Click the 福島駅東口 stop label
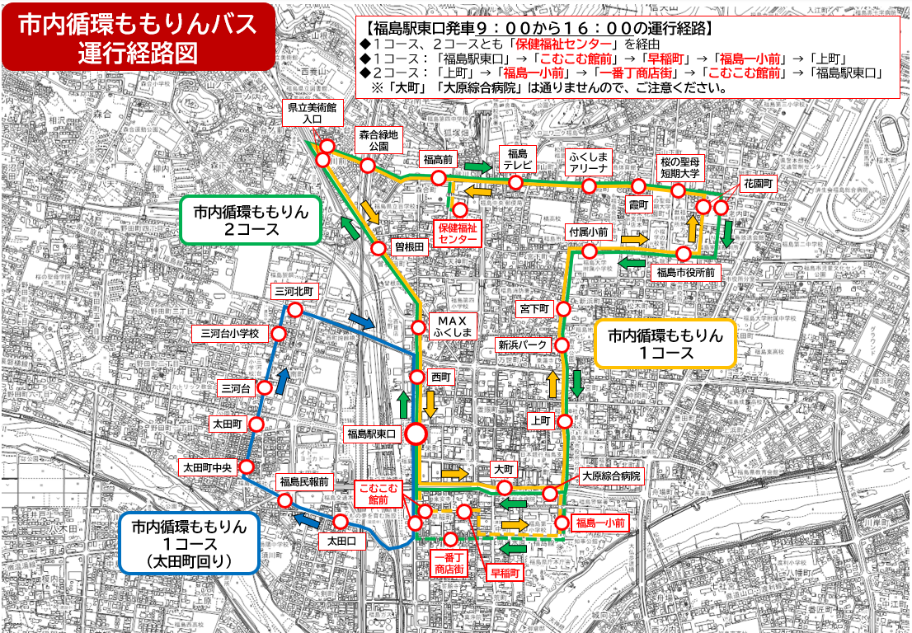coord(372,433)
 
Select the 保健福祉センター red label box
coord(458,232)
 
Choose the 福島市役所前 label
coord(686,271)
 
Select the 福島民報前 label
coord(303,481)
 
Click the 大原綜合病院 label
coord(611,476)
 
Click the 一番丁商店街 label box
coord(449,563)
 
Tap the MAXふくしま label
coord(452,326)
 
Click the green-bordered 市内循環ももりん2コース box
coord(251,220)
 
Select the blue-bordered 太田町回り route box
coord(188,543)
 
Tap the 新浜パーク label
coord(523,345)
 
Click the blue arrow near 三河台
coord(282,381)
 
